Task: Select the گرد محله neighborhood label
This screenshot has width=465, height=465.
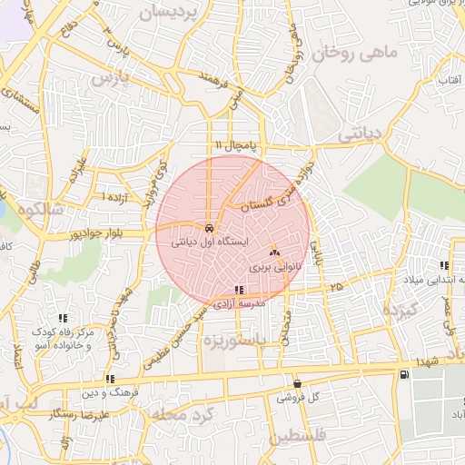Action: (186, 416)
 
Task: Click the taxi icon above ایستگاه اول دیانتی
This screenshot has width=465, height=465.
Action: (210, 228)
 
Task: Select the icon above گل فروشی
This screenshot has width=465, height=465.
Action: (297, 383)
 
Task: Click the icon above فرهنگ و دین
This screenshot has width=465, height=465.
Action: (109, 379)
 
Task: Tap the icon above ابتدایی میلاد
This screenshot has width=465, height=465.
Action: (444, 265)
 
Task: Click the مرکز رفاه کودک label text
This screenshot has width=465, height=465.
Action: (62, 333)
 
